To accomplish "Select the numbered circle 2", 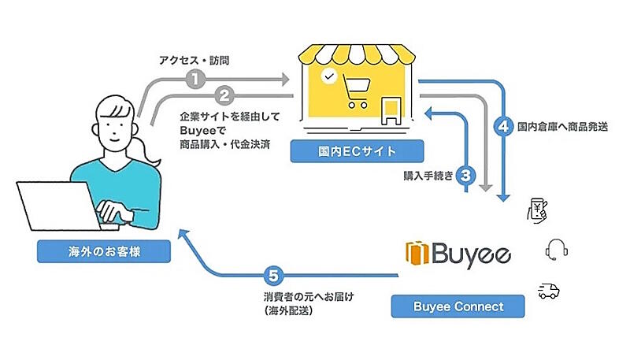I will (224, 97).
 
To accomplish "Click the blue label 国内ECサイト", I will (357, 150).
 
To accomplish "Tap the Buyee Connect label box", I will (458, 306).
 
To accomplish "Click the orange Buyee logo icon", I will (416, 254).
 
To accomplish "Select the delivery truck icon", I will (548, 291).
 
